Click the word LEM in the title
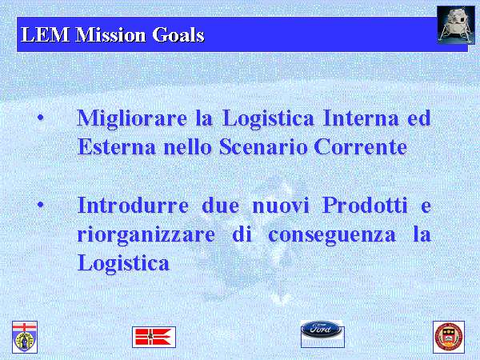(46, 34)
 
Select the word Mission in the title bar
(110, 34)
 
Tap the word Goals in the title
(178, 34)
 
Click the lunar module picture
(456, 25)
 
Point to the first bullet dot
(41, 118)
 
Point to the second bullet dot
(41, 205)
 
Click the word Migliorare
(132, 119)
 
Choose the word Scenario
(263, 146)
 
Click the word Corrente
(360, 146)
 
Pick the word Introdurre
(133, 205)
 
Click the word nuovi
(281, 206)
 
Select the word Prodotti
(365, 205)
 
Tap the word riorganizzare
(146, 235)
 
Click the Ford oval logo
(321, 329)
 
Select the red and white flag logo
(154, 337)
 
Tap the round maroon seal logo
(449, 337)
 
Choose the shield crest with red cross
(25, 337)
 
